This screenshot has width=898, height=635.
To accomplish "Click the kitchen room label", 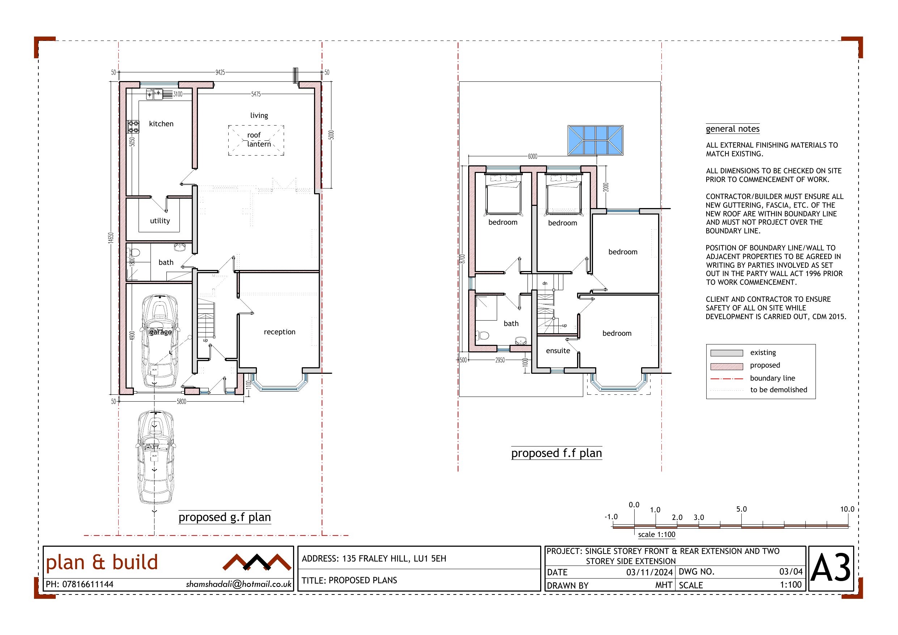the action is point(161,124).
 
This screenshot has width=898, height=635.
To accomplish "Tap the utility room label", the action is point(160,221).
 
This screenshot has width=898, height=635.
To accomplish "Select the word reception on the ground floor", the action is point(279,332).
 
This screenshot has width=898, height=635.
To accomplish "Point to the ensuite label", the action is point(558,351).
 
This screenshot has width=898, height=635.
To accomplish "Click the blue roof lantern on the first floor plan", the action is point(595,140).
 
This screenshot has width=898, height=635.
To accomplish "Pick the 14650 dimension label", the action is point(111,237).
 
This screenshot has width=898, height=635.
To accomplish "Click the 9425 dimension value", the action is point(220,72).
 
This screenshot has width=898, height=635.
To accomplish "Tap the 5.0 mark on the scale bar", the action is point(742,509).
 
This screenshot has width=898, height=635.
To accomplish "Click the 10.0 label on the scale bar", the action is point(847,509).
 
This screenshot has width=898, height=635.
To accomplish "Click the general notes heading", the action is point(733,129).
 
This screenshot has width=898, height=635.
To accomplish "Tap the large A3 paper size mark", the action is point(830,568).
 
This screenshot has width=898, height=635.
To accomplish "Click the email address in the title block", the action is point(238,584).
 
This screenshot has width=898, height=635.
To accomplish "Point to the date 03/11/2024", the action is point(649,572).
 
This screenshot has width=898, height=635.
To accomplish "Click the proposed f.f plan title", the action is point(556,453).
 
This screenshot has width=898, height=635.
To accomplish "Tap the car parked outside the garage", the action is point(155,457).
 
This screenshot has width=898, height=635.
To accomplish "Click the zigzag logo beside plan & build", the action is point(257,562).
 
